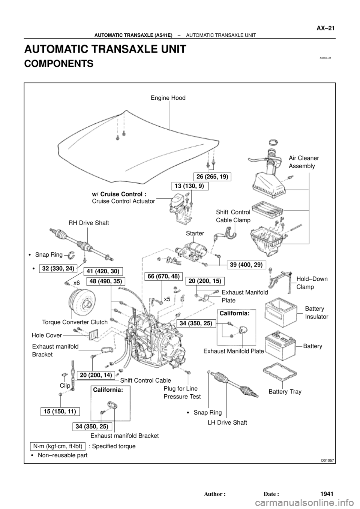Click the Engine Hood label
[168, 98]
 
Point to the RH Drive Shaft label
[88, 223]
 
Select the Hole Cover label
[46, 335]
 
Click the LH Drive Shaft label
[227, 422]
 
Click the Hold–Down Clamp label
[312, 283]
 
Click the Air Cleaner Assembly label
[304, 162]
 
